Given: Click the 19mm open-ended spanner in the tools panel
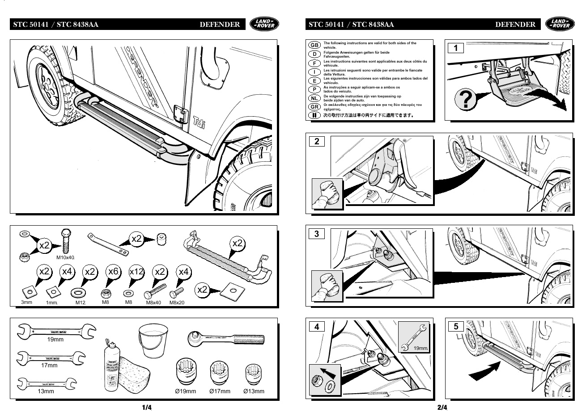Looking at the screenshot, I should [x=56, y=331].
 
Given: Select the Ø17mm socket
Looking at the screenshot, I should [x=220, y=373].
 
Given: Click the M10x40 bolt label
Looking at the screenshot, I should [x=65, y=257].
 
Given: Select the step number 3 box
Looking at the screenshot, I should [x=317, y=233].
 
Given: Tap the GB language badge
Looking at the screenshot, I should [x=314, y=45].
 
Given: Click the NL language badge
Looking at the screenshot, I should [x=314, y=98].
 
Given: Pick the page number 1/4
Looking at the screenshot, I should [x=147, y=407].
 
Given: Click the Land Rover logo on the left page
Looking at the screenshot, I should [x=264, y=24].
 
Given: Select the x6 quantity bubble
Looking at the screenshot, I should [x=114, y=272].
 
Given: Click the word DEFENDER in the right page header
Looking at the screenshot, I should [x=515, y=25].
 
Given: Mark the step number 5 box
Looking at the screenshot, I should [x=456, y=326].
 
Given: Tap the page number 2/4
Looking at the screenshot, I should [x=442, y=407].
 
